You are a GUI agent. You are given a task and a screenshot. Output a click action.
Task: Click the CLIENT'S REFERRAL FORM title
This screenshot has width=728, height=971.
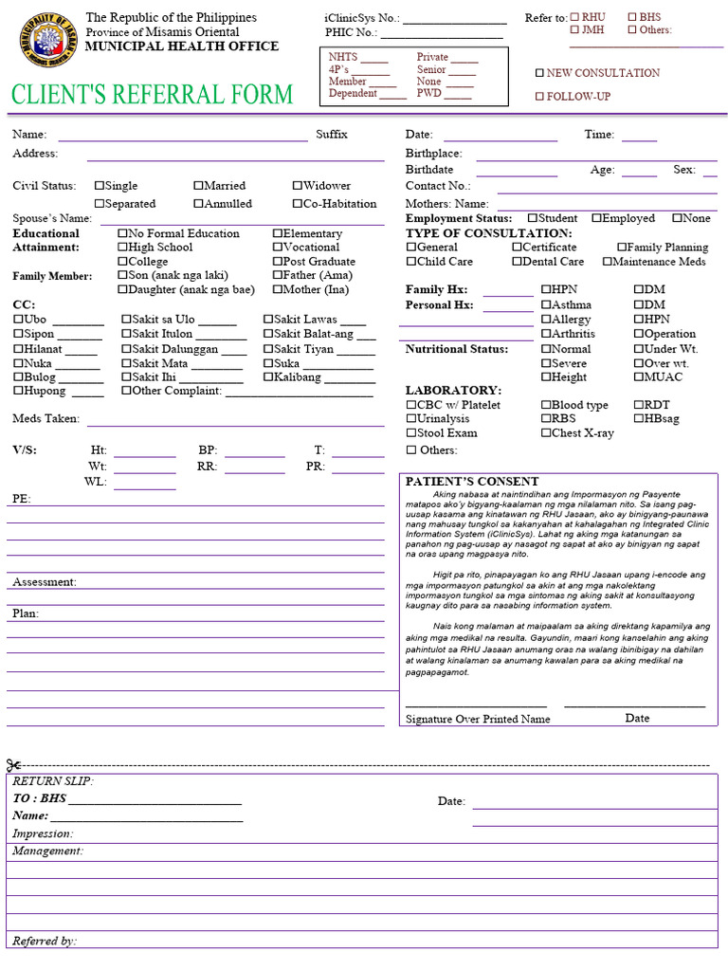(x=153, y=95)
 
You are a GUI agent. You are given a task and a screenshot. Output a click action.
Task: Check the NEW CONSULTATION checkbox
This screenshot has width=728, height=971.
(x=540, y=73)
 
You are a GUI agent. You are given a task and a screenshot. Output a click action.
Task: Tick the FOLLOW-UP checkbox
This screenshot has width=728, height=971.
(x=540, y=97)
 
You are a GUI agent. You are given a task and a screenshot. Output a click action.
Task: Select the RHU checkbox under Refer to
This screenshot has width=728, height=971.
(x=574, y=18)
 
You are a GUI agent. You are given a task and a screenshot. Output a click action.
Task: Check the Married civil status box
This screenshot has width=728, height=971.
(x=199, y=186)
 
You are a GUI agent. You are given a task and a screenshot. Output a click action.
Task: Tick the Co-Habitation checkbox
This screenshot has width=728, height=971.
(x=298, y=204)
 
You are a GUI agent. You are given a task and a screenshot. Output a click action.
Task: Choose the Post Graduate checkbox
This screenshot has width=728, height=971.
(x=278, y=262)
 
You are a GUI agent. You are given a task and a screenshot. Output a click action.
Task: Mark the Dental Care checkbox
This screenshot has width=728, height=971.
(x=518, y=262)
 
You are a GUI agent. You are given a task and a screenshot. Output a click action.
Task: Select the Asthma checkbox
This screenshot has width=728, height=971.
(x=546, y=305)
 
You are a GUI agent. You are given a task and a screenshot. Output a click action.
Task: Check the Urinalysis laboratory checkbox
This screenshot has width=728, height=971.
(x=411, y=419)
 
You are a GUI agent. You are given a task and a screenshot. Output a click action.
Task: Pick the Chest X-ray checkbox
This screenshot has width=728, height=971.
(x=546, y=433)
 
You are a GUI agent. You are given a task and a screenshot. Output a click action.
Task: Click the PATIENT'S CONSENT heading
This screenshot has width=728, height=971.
(x=471, y=482)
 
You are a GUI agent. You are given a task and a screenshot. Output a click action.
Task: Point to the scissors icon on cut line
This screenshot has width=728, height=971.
(x=13, y=765)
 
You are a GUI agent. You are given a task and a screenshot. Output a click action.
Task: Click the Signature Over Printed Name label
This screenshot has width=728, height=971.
(x=478, y=719)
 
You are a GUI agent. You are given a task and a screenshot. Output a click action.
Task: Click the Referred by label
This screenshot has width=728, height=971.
(x=44, y=942)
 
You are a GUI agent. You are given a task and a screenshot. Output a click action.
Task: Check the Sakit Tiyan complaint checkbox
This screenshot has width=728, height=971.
(x=268, y=349)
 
